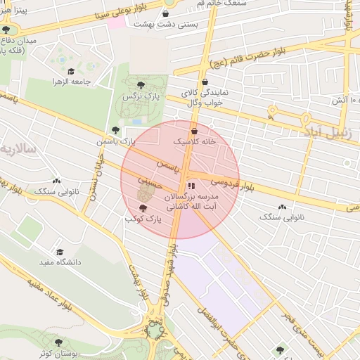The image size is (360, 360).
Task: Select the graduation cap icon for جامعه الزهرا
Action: pos(70,71)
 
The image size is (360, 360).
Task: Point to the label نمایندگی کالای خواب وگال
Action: pos(203,98)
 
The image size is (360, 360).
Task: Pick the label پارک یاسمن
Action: pos(116,141)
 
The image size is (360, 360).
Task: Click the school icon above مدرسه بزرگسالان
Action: pos(190,186)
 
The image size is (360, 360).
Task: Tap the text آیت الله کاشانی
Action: pos(200,207)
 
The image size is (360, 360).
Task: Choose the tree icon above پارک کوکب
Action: pos(143,208)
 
